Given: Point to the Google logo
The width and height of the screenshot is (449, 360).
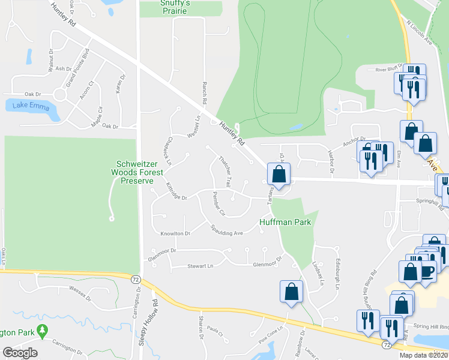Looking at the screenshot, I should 19,353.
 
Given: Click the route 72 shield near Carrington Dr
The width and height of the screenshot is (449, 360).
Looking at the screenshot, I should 135,278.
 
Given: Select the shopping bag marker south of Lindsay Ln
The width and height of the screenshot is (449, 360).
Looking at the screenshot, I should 291,292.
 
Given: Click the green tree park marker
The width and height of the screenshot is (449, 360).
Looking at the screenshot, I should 42,330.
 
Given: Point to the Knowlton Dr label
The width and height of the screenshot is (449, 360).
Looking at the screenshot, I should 175,233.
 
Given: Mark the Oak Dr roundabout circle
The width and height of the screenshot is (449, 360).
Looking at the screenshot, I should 59,95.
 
